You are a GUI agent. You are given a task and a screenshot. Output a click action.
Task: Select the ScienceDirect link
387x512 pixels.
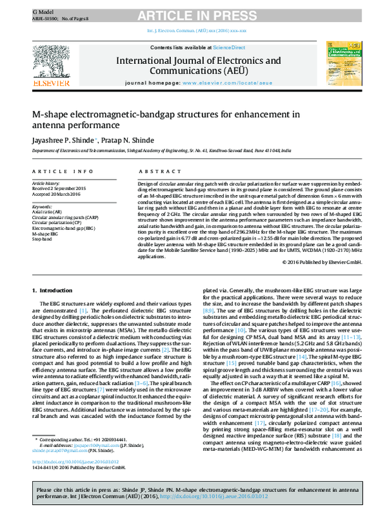229,48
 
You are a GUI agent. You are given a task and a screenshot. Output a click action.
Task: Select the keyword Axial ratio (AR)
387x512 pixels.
47,211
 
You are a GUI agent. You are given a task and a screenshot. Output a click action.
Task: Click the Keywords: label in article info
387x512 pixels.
43,205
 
